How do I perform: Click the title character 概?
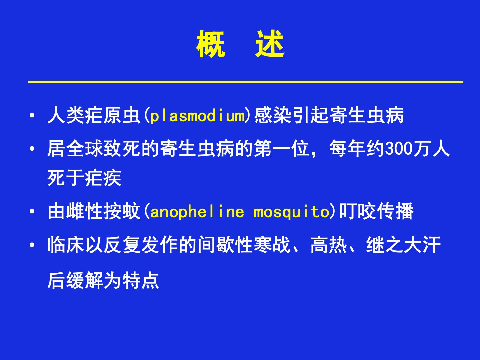(211, 44)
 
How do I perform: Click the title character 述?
(270, 44)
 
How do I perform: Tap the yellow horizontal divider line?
(246, 82)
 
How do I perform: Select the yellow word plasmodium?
(198, 116)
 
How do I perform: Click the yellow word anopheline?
(197, 212)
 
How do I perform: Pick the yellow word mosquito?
(291, 212)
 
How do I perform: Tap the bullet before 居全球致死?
(32, 149)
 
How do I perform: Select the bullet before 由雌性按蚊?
(32, 211)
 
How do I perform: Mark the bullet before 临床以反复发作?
(32, 245)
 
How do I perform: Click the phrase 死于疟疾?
(84, 178)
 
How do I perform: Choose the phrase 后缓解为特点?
(103, 280)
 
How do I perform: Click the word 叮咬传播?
(376, 211)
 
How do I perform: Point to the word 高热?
(329, 245)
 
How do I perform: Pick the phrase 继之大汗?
(403, 245)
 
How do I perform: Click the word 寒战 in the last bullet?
(272, 245)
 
